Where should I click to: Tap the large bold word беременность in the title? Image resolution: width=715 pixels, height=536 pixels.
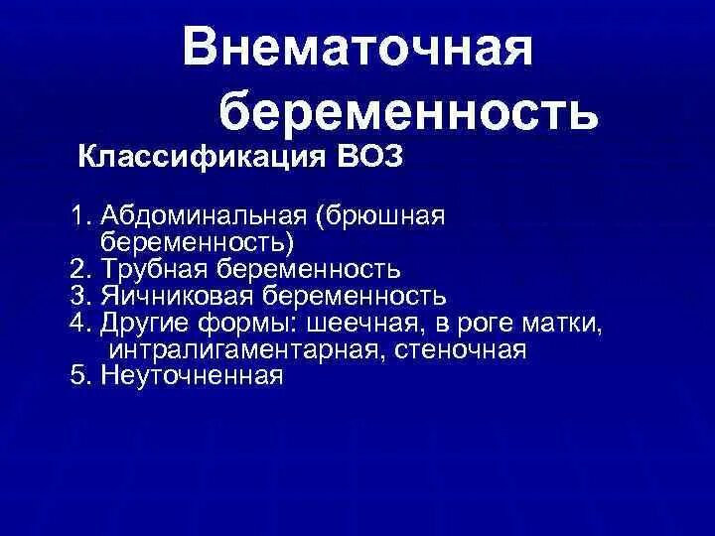pos(408,112)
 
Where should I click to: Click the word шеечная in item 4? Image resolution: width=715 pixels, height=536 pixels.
pos(367,323)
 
